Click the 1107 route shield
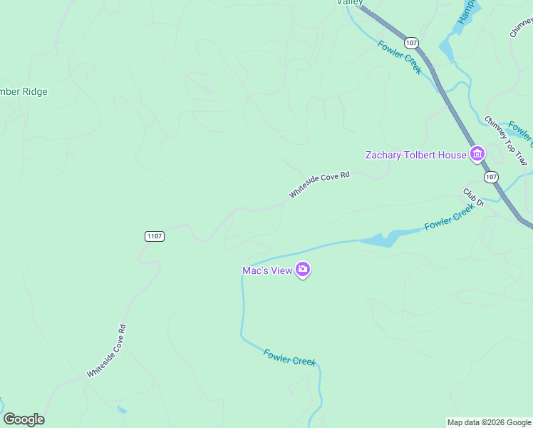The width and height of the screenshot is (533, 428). point(155,236)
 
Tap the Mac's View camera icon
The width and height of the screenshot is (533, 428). point(304,270)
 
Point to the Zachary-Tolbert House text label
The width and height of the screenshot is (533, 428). point(416,155)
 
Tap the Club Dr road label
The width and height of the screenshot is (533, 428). point(474,198)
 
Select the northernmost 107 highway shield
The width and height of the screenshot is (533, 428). point(411,43)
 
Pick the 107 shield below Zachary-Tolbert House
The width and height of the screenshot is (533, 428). point(490,176)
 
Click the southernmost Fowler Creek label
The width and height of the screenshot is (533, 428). point(289,357)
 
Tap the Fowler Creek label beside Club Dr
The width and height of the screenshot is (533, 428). point(449,217)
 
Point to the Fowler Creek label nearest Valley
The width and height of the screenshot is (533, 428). point(400,57)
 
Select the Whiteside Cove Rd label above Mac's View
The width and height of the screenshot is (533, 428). point(319,184)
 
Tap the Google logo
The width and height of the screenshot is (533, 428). point(24,419)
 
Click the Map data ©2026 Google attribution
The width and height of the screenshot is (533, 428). point(489,422)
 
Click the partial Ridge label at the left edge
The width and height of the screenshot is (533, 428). point(24,91)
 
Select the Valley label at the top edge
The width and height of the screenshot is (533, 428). point(350,3)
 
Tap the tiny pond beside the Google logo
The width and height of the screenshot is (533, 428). point(122,410)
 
